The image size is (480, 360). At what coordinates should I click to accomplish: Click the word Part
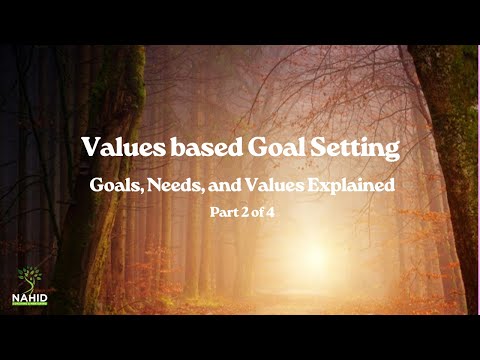222,212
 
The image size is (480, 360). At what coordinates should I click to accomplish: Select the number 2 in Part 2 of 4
242,212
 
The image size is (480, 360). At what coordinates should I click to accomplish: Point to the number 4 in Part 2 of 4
268,212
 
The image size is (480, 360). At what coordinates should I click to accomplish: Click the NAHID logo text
30,298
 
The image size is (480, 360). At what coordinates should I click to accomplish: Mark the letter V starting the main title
90,148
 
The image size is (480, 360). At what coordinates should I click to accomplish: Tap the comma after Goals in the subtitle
138,191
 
